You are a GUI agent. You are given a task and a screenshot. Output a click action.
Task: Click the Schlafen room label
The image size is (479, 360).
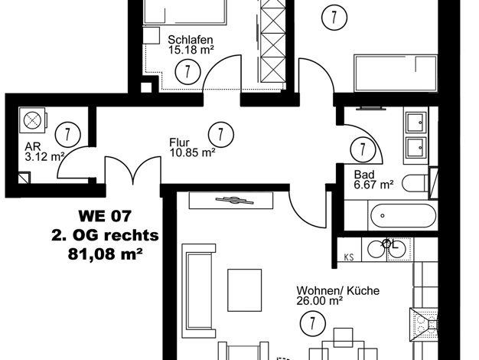point(191,40)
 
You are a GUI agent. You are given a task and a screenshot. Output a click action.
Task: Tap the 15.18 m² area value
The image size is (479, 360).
point(191,50)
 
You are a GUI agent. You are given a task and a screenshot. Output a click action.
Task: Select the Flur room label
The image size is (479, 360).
point(179,142)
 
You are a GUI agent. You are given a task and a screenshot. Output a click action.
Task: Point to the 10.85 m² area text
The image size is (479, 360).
point(193,152)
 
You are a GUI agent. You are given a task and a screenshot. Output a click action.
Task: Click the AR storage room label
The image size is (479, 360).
point(33,146)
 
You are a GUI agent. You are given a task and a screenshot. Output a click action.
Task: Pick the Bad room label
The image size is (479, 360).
point(364,175)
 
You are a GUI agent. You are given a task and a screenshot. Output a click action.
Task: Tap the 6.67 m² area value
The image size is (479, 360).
point(373,185)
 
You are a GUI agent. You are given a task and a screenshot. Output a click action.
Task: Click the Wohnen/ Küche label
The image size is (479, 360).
point(338,290)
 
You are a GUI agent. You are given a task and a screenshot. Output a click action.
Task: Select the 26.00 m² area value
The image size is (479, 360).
point(320,301)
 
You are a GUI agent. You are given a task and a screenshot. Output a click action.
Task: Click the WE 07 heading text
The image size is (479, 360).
point(105,216)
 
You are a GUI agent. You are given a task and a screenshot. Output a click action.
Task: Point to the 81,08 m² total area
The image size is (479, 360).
point(105,254)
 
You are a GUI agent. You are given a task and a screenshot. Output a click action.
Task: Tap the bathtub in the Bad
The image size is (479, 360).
point(403,216)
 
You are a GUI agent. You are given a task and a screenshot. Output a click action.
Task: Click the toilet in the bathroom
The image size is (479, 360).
point(415,183)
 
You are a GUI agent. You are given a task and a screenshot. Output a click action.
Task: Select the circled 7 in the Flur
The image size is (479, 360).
point(221,135)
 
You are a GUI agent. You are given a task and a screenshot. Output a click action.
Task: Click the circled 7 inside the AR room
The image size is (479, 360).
point(68,135)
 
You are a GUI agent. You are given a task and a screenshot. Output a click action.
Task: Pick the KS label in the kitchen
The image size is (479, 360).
point(349,257)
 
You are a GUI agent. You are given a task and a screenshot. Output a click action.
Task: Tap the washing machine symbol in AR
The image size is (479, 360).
point(33,120)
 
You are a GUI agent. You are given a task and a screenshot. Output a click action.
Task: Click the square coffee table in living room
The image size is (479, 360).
point(245,290)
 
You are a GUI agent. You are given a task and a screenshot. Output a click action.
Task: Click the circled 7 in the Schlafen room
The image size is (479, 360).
point(187,71)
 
